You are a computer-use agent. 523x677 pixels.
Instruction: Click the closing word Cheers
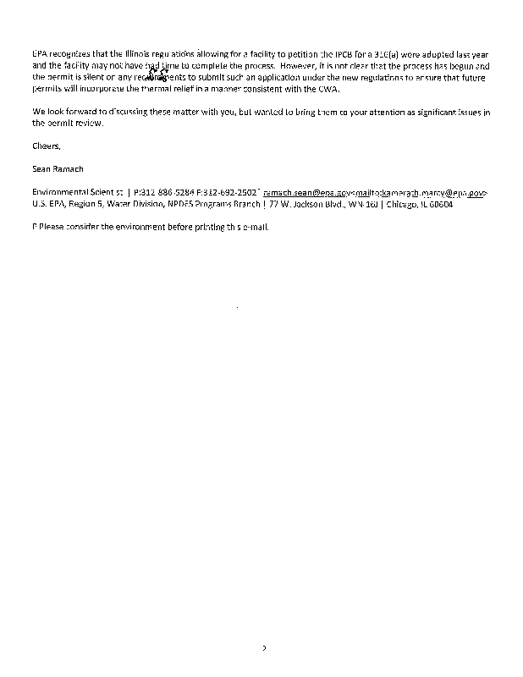[47, 146]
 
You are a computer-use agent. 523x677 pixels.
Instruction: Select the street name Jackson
[295, 205]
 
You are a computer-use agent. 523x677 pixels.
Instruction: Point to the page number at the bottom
[263, 648]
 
